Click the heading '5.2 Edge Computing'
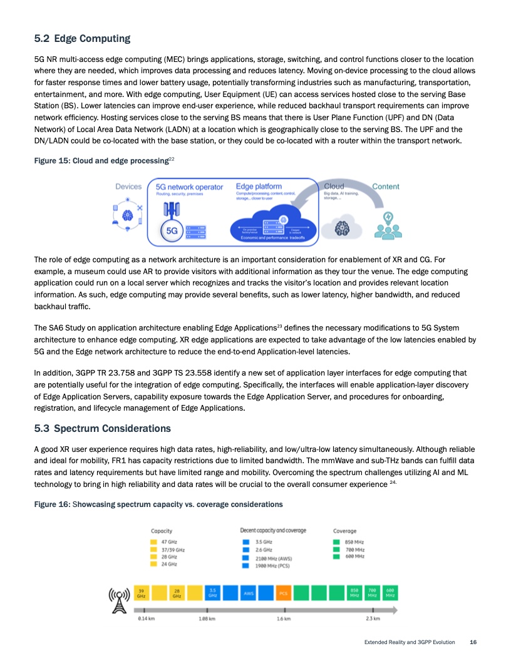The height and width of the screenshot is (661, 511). pos(82,39)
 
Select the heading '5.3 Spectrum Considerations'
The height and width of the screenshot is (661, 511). pos(102,429)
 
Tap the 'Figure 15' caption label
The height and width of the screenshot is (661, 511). pos(52,161)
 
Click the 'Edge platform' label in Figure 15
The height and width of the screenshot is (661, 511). pos(259,187)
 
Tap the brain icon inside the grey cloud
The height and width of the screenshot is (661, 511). pos(341,229)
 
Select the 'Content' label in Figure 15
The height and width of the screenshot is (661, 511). pos(386,186)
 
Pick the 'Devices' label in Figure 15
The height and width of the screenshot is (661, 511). pos(128,187)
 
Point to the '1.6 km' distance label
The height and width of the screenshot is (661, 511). pos(284,620)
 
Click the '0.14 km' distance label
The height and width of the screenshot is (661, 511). pos(146,620)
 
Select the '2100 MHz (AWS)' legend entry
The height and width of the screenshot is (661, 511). pos(274,558)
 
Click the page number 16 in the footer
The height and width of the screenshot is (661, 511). pos(473,642)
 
